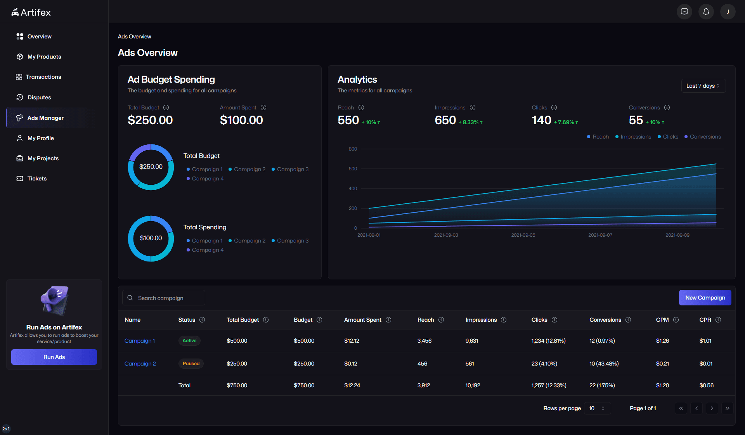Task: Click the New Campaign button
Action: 705,298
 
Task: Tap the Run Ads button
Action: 54,357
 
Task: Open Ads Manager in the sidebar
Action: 45,118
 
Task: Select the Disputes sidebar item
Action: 39,97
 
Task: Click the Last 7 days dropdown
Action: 703,86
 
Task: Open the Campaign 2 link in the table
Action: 140,364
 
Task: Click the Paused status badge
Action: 191,364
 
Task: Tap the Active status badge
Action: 189,341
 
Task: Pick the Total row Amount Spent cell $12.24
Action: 352,385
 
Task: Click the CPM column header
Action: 662,320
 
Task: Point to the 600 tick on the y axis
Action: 353,169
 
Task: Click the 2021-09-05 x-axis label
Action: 523,235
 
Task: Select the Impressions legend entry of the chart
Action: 635,137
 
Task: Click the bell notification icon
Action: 706,12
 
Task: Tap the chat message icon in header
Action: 684,12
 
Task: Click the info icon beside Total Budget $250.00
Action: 166,107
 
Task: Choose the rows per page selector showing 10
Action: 597,408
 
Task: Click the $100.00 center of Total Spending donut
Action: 151,238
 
